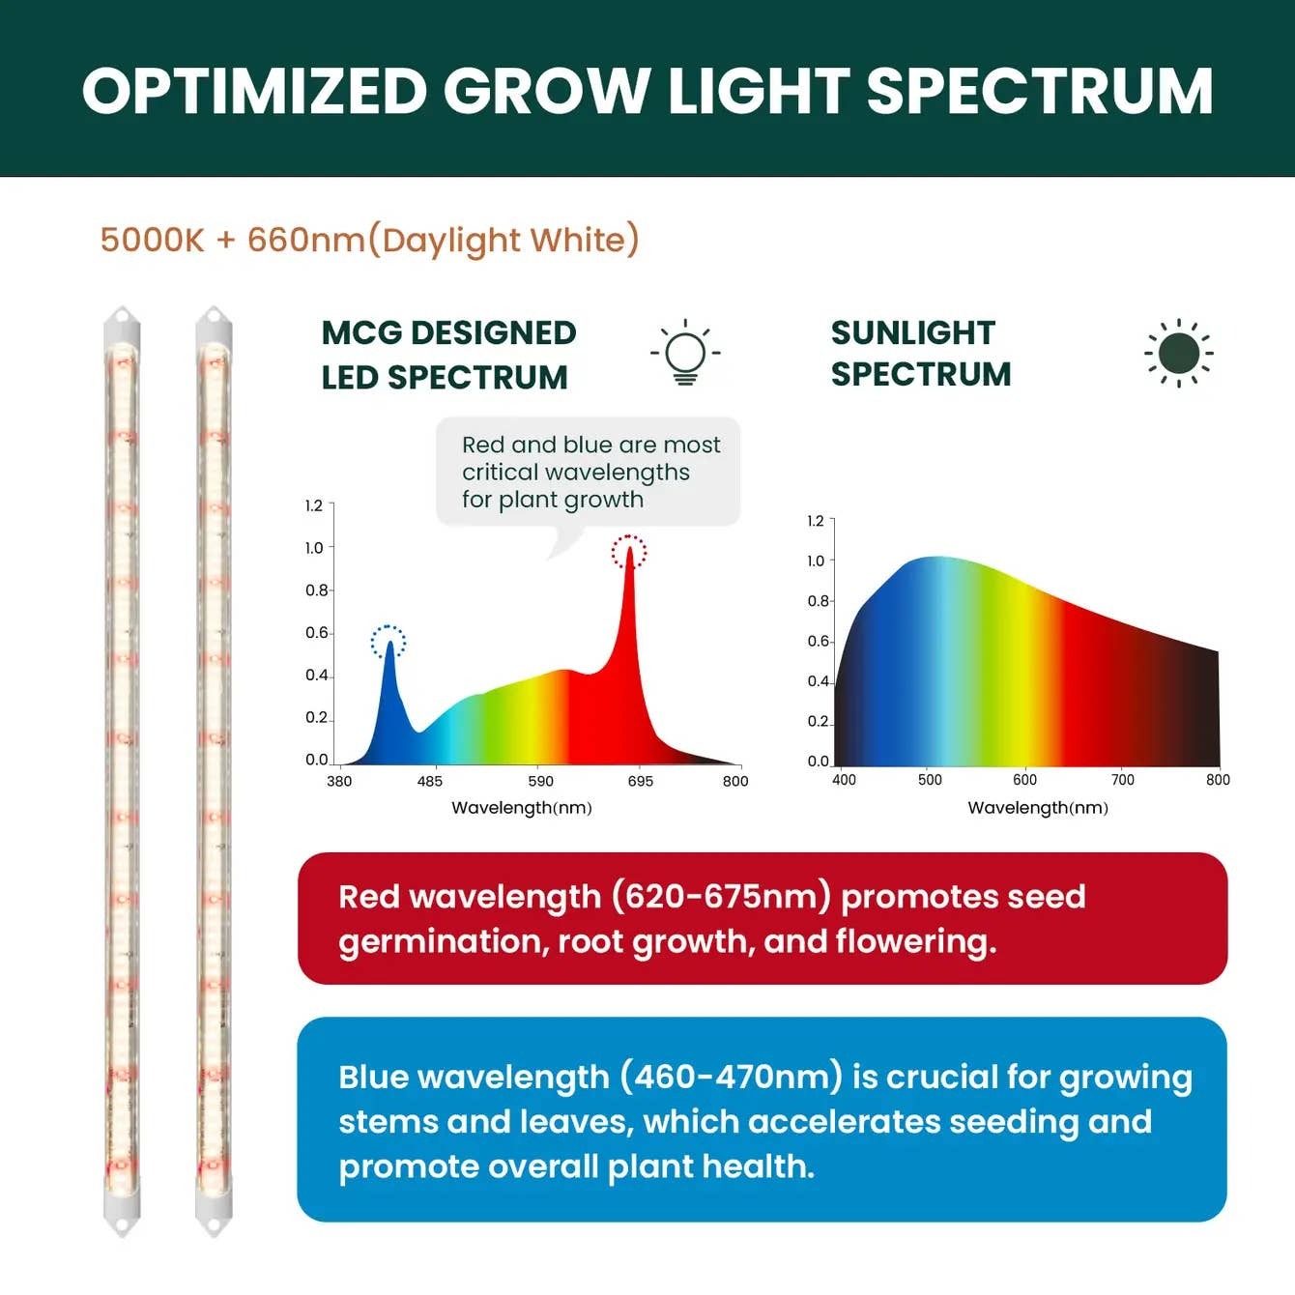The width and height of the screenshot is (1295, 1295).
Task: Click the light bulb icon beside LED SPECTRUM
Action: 685,353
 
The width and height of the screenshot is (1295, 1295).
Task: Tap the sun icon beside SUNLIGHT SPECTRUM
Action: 1178,353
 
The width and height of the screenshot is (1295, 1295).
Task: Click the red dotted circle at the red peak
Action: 629,552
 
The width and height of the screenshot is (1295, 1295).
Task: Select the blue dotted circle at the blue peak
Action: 388,642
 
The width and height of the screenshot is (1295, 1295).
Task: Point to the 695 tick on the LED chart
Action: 640,781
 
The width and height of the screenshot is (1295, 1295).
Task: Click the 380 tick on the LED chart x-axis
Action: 339,781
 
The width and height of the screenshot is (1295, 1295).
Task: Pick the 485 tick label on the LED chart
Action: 429,781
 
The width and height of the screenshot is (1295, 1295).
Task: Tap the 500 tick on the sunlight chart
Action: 930,780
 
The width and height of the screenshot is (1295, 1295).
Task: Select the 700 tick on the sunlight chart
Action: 1122,780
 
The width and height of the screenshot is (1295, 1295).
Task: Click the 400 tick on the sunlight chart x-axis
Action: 844,780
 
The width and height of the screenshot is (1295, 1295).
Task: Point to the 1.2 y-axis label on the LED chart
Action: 314,505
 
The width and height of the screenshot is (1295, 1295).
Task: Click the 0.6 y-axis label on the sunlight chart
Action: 818,641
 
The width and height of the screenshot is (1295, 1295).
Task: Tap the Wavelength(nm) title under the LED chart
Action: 522,808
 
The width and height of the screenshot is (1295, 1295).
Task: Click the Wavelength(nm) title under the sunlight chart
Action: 1038,808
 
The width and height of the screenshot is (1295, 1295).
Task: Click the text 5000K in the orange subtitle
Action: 152,240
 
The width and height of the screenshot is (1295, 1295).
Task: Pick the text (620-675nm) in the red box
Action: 721,897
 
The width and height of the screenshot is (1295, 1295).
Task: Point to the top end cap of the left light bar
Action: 122,320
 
